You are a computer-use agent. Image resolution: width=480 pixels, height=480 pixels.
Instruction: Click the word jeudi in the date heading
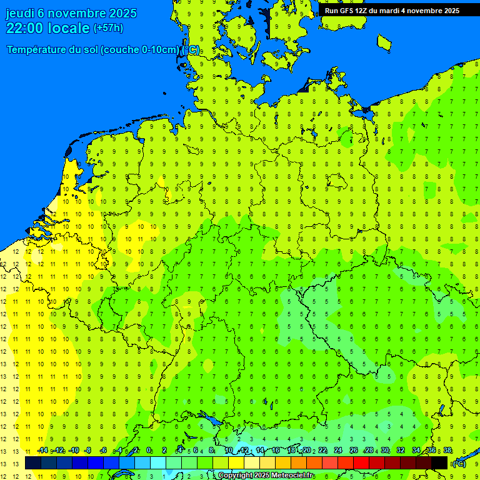pyautogui.click(x=22, y=13)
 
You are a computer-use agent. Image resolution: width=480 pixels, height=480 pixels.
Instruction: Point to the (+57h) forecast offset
pyautogui.click(x=108, y=28)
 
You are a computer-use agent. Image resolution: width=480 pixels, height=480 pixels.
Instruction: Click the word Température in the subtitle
pyautogui.click(x=36, y=49)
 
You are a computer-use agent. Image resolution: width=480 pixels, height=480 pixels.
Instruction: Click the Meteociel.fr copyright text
pyautogui.click(x=266, y=476)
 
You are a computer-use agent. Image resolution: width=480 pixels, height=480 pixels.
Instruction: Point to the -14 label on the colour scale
pyautogui.click(x=42, y=450)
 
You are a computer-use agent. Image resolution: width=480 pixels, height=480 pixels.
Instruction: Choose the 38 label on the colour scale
pyautogui.click(x=447, y=450)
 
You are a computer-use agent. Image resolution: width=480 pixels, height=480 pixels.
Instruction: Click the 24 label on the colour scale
pyautogui.click(x=337, y=450)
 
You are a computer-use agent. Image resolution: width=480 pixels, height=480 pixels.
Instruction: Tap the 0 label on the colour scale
pyautogui.click(x=149, y=450)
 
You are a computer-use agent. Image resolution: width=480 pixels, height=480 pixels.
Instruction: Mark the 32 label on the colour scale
pyautogui.click(x=401, y=450)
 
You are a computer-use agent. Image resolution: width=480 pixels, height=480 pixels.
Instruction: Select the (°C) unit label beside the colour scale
pyautogui.click(x=459, y=463)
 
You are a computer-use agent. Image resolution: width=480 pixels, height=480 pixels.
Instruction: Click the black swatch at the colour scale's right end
pyautogui.click(x=439, y=463)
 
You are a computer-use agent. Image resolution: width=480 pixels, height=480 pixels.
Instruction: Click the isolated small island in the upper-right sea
pyautogui.click(x=384, y=42)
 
